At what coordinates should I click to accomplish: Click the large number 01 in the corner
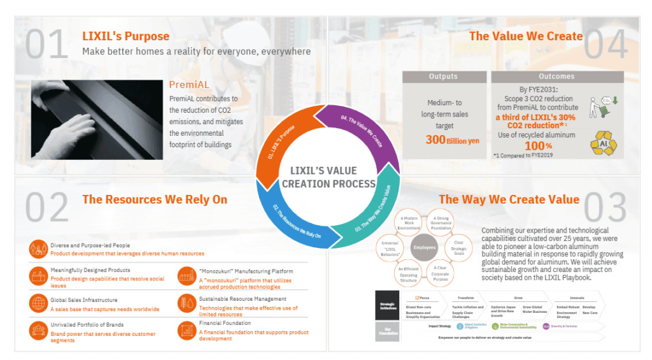(47, 44)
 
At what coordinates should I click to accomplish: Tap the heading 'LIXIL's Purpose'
(126, 36)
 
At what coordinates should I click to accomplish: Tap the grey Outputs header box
(443, 76)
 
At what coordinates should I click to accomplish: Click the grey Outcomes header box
(556, 76)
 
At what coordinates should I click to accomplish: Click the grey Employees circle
(424, 247)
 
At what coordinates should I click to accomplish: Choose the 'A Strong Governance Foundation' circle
(441, 222)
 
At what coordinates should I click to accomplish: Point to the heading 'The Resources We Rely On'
(155, 199)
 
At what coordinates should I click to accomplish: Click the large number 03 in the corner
(606, 206)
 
